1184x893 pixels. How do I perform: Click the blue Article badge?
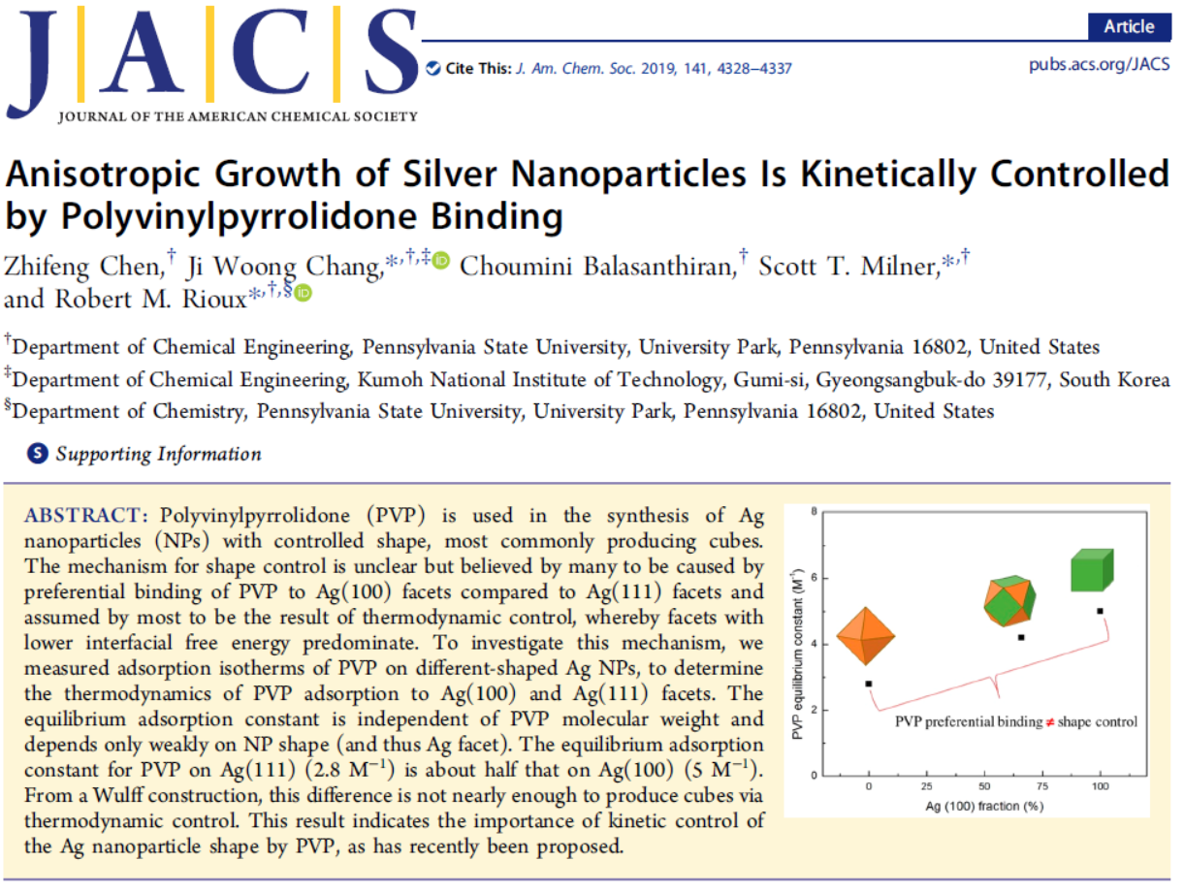(1129, 26)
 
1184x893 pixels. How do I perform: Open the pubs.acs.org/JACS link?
(1099, 66)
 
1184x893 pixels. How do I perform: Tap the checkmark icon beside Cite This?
(432, 69)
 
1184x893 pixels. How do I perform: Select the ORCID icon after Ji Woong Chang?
(441, 260)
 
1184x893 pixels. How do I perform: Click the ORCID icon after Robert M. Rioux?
(303, 293)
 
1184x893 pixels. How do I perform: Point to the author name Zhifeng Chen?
(84, 265)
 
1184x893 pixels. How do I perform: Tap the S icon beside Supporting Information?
(38, 453)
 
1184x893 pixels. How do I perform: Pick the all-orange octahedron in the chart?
(864, 636)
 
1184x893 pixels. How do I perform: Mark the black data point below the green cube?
(1100, 611)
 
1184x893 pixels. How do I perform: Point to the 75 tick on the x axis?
(1042, 786)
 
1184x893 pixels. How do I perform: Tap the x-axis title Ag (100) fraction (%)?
(984, 806)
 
